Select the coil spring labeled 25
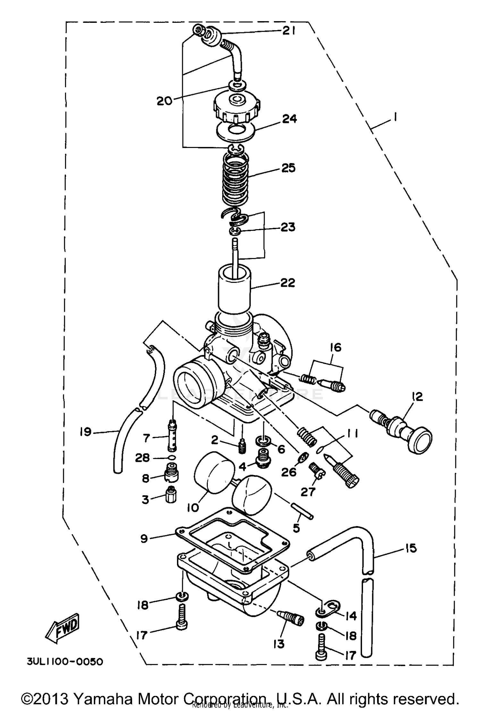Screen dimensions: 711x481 point(236,180)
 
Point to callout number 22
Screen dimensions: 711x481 point(288,283)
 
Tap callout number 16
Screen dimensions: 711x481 point(335,347)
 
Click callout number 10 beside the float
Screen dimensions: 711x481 point(193,507)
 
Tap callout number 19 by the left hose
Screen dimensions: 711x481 point(86,432)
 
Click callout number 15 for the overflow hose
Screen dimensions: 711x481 point(410,548)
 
